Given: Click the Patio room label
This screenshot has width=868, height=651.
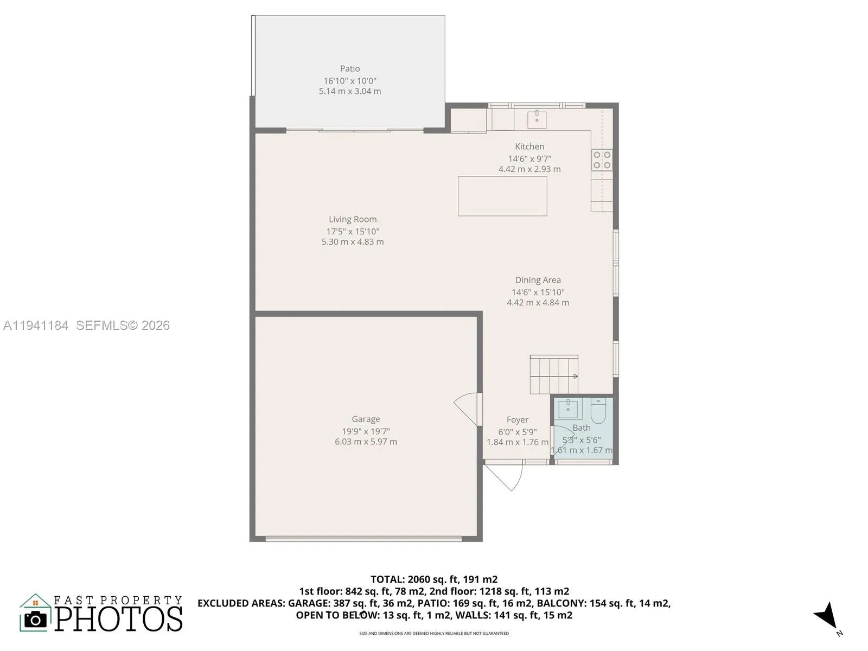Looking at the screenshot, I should [350, 68].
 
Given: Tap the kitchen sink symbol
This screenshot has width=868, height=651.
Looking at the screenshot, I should [537, 119].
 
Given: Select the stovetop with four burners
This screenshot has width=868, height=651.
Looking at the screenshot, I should [602, 159].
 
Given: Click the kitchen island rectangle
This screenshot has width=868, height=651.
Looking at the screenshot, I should [502, 196].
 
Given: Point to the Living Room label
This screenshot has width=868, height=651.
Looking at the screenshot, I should [353, 219].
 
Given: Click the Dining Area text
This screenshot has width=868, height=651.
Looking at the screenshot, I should [538, 280].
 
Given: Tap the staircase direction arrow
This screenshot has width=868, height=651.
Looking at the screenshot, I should [575, 376].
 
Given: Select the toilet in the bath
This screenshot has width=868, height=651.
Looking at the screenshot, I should [598, 411].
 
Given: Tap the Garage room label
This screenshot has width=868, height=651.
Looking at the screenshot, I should [366, 419].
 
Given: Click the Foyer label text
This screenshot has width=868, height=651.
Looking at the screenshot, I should [517, 420].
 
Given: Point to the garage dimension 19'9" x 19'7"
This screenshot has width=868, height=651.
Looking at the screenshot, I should [366, 431].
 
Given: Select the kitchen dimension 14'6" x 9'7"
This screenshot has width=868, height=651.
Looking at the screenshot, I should [529, 159].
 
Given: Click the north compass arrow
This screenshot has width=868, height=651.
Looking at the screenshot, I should [827, 616].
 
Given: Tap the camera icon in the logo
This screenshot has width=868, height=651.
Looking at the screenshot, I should [36, 620].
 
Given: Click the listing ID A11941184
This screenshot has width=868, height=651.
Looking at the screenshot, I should [36, 325].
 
